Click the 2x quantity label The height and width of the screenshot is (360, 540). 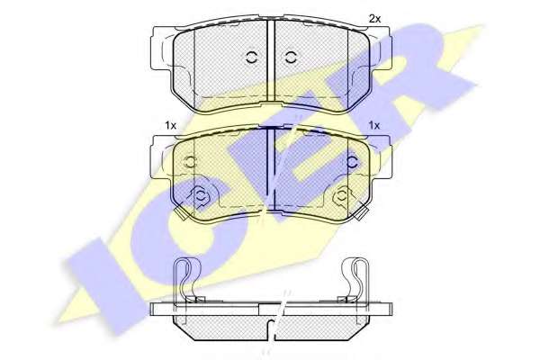click(x=375, y=19)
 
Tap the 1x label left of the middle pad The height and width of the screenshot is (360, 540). click(x=170, y=125)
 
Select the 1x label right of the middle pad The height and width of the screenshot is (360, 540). click(x=374, y=125)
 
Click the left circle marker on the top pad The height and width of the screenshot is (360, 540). click(x=252, y=58)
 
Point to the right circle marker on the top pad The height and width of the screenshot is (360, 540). click(x=291, y=58)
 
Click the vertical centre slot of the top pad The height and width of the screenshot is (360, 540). click(x=271, y=62)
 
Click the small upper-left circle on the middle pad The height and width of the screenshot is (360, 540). click(x=190, y=162)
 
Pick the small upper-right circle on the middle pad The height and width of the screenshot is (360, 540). click(x=352, y=162)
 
